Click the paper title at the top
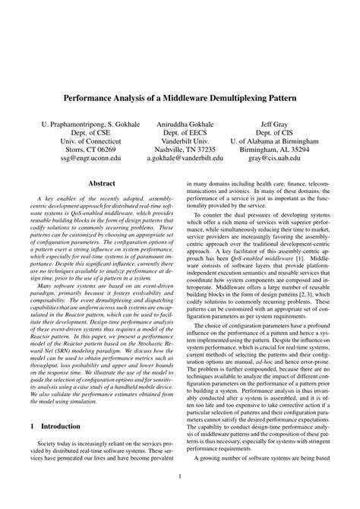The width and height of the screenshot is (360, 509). tap(180, 99)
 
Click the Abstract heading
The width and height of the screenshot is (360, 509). tap(102, 184)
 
